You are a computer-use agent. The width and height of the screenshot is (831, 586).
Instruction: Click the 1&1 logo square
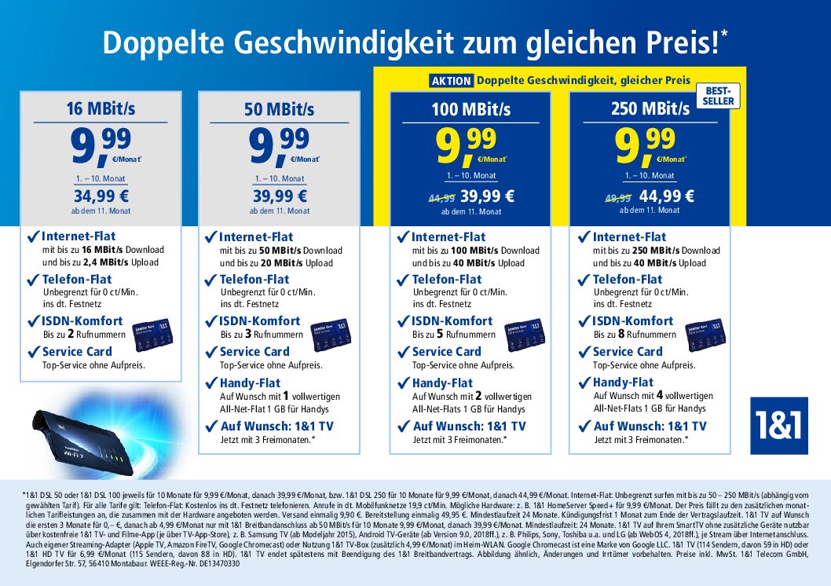pyautogui.click(x=778, y=426)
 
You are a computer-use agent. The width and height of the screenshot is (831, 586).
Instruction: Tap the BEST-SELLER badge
pyautogui.click(x=718, y=96)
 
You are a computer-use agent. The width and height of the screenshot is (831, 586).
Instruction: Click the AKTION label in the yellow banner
pyautogui.click(x=452, y=80)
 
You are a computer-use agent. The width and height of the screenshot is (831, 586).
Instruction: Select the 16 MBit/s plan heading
pyautogui.click(x=100, y=108)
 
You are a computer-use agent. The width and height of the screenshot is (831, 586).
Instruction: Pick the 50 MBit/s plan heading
pyautogui.click(x=279, y=108)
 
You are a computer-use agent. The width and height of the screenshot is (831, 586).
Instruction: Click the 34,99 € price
pyautogui.click(x=100, y=196)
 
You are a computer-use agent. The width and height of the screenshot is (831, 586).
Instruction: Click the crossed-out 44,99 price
pyautogui.click(x=441, y=196)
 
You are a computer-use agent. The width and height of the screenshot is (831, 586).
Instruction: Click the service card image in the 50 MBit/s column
pyautogui.click(x=329, y=335)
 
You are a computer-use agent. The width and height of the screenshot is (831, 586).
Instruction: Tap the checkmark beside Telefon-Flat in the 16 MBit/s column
pyautogui.click(x=32, y=279)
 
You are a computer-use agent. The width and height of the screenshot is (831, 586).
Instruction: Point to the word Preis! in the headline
pyautogui.click(x=683, y=44)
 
